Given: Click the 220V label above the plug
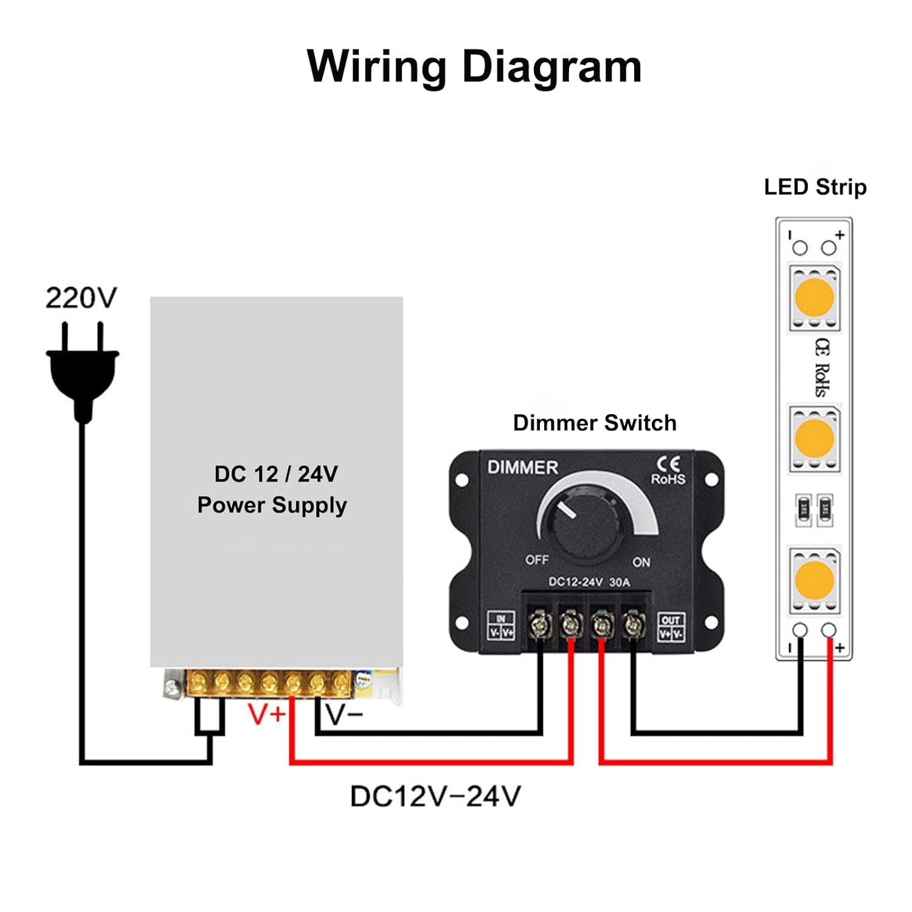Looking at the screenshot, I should pyautogui.click(x=81, y=298).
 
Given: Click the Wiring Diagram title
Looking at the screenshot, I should pyautogui.click(x=474, y=66).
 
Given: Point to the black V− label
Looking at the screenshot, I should pyautogui.click(x=344, y=715).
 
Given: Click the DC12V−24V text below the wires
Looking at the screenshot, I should pyautogui.click(x=435, y=796).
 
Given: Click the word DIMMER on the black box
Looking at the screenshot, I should pyautogui.click(x=522, y=468).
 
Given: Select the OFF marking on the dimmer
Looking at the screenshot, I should pyautogui.click(x=537, y=559).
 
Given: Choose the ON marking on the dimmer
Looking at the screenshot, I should pyautogui.click(x=641, y=562).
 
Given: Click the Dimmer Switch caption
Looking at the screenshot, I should pyautogui.click(x=595, y=423).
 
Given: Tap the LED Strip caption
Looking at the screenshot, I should pyautogui.click(x=815, y=187).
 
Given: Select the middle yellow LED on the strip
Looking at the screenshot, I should pyautogui.click(x=814, y=438).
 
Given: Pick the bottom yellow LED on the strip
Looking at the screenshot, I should pyautogui.click(x=814, y=579).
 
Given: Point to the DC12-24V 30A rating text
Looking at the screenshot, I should pyautogui.click(x=589, y=582).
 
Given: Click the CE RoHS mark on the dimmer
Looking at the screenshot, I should pyautogui.click(x=668, y=471).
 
